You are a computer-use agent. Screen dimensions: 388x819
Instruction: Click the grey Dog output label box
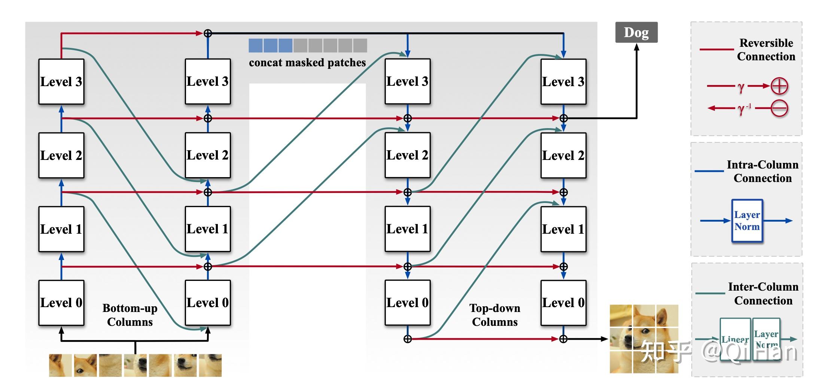(636, 33)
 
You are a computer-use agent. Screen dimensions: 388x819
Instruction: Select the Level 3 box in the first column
(61, 82)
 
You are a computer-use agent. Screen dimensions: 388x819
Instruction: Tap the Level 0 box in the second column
(208, 303)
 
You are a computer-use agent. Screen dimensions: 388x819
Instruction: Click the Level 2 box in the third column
(408, 155)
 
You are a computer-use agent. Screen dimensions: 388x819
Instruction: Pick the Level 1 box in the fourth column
(563, 229)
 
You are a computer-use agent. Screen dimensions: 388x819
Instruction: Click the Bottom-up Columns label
(130, 315)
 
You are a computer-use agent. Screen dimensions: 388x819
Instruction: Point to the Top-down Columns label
(495, 315)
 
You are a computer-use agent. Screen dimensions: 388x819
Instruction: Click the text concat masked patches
(307, 63)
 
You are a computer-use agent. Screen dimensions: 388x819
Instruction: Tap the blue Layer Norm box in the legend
(747, 221)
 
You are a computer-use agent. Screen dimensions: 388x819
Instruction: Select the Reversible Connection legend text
(766, 50)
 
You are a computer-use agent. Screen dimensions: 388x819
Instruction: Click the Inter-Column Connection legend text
(763, 294)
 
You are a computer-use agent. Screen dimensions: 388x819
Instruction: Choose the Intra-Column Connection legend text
(762, 172)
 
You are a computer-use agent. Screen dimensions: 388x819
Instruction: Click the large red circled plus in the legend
(779, 86)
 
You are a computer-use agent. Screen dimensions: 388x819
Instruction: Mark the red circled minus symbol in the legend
(779, 109)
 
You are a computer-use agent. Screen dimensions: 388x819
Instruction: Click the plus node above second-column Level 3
(208, 33)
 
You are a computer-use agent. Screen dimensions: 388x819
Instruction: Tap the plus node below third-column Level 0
(408, 339)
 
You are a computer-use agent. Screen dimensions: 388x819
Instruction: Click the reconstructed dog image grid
(644, 339)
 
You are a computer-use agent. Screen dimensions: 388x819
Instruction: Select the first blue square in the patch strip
(256, 46)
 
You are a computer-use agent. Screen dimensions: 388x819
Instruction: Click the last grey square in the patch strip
(360, 46)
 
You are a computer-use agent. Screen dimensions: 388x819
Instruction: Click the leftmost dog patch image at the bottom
(60, 365)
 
